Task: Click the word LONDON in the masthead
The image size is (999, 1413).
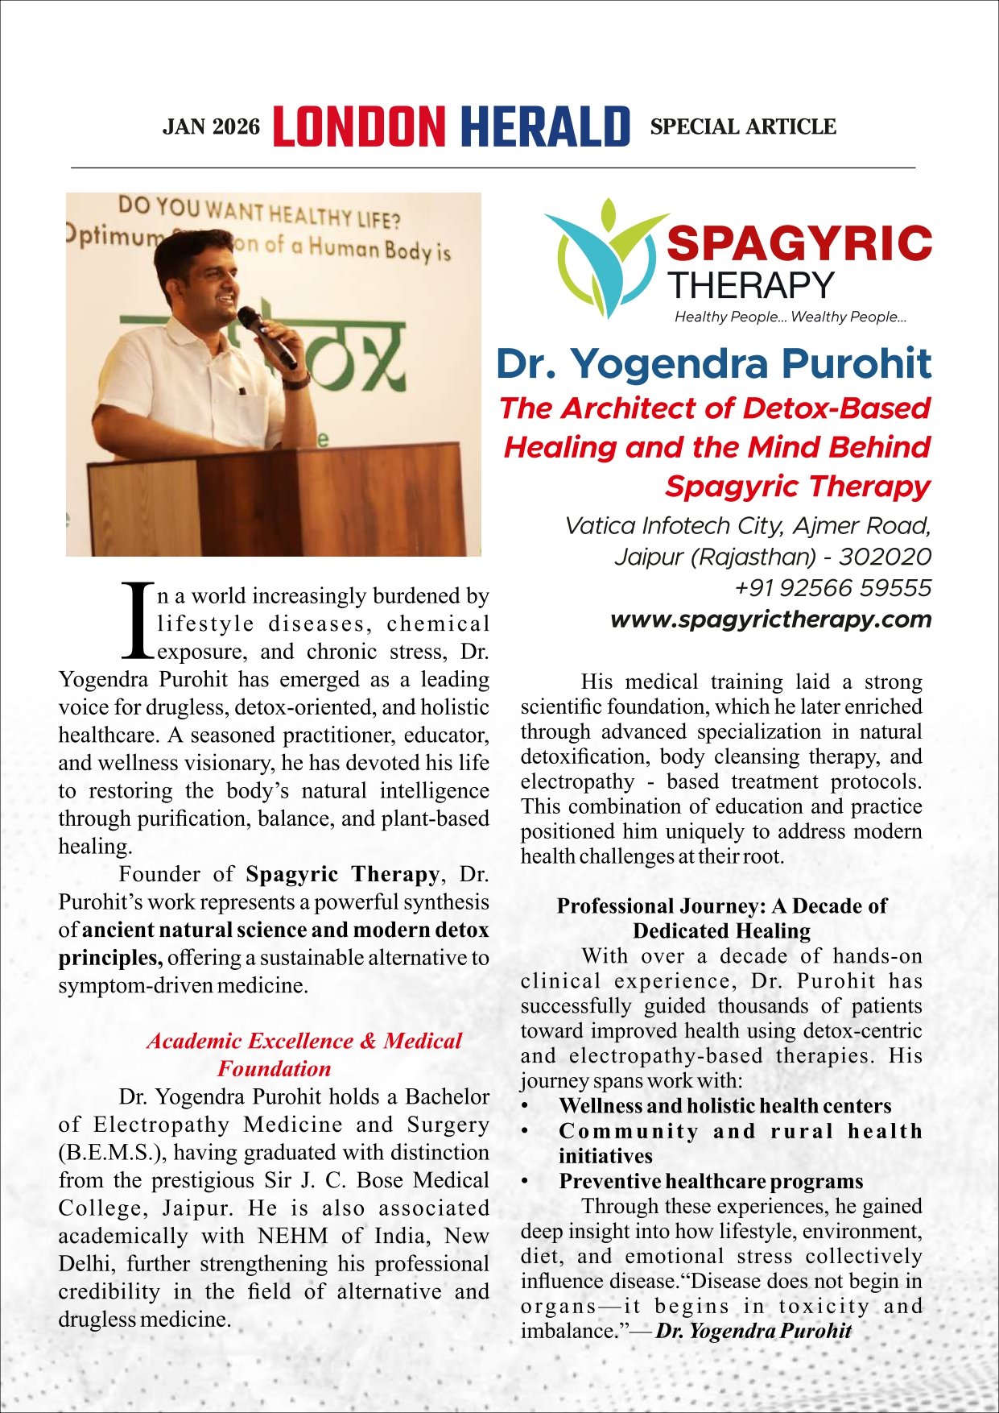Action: click(x=359, y=127)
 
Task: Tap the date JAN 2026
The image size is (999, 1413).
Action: click(x=212, y=127)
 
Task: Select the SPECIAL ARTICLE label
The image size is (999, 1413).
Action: click(x=743, y=127)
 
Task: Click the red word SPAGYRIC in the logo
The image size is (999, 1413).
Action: click(x=799, y=243)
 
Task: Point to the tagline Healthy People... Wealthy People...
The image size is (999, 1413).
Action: click(x=791, y=317)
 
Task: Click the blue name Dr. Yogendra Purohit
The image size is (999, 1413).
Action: click(x=713, y=363)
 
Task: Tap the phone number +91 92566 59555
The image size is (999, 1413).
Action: click(x=832, y=588)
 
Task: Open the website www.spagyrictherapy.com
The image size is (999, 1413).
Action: click(x=770, y=619)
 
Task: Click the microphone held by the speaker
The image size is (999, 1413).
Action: click(x=268, y=337)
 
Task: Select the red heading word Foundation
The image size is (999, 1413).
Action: click(x=274, y=1069)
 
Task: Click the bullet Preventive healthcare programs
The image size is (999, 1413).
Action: click(x=710, y=1182)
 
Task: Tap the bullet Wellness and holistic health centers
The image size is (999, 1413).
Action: click(x=724, y=1106)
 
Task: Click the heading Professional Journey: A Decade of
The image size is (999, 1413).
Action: click(x=721, y=906)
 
